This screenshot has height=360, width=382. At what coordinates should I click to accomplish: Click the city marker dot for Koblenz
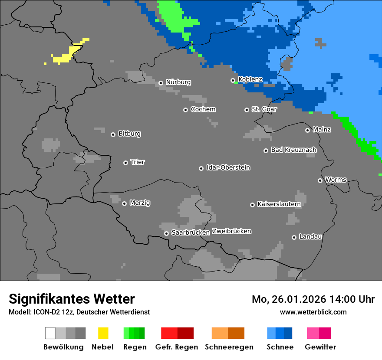tap(233, 80)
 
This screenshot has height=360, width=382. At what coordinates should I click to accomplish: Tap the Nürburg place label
tap(178, 82)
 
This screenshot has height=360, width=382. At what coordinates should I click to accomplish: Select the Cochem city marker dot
tap(185, 110)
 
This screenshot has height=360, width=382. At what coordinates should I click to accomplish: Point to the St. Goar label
tap(264, 109)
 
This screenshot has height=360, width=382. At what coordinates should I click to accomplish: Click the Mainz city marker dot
tap(307, 130)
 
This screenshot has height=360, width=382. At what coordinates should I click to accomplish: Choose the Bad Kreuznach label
tap(293, 150)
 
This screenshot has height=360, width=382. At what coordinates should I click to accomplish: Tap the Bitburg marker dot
tap(113, 134)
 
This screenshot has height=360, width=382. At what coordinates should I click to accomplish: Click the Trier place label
tap(138, 162)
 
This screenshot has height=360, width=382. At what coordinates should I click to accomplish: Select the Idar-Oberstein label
tap(228, 168)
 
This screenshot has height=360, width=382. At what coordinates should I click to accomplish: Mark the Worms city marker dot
tap(320, 180)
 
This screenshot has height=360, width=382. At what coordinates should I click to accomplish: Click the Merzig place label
tap(140, 203)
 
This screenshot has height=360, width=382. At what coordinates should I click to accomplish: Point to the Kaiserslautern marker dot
tap(252, 205)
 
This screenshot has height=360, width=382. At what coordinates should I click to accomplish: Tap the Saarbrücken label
tap(190, 232)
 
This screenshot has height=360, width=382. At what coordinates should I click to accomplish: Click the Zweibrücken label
tap(232, 231)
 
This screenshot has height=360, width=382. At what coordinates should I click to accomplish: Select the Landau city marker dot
tap(294, 237)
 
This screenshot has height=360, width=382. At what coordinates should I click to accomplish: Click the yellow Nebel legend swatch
tap(103, 333)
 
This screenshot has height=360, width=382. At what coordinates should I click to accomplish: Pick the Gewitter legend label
tap(320, 347)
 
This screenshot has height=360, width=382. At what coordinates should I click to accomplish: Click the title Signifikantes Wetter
tap(72, 299)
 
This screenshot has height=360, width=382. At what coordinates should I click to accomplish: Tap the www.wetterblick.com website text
tap(313, 312)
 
